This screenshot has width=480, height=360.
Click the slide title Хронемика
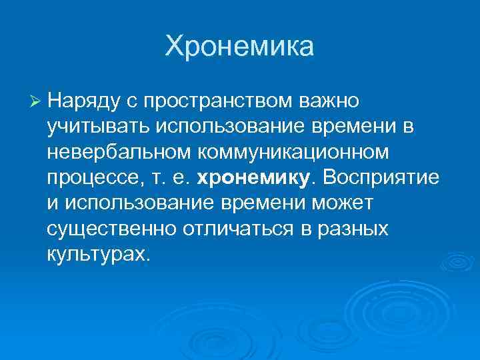pyautogui.click(x=239, y=47)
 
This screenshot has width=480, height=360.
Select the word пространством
pyautogui.click(x=217, y=101)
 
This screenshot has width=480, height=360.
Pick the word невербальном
pyautogui.click(x=118, y=153)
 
